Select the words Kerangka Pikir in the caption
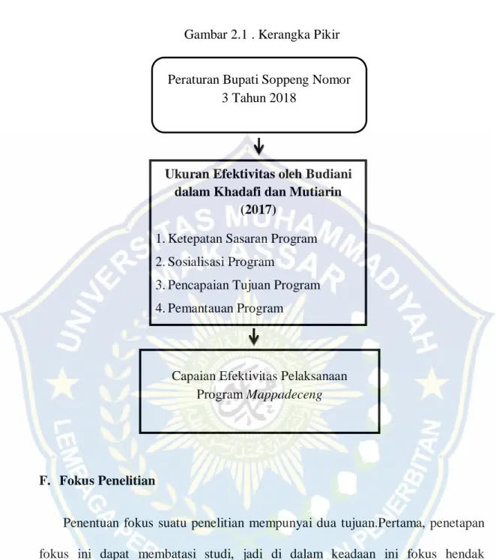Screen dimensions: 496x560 [x=299, y=34]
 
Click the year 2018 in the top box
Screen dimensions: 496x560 [x=282, y=98]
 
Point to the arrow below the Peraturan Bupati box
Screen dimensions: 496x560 [x=258, y=146]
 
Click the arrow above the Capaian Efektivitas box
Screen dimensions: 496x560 [x=254, y=337]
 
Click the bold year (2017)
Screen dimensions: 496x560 [x=258, y=210]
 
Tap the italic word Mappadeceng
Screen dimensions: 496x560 [x=285, y=394]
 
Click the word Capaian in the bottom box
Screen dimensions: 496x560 [x=194, y=376]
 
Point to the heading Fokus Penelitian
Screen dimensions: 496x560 [x=107, y=481]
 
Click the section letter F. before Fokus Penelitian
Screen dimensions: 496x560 [x=44, y=481]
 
